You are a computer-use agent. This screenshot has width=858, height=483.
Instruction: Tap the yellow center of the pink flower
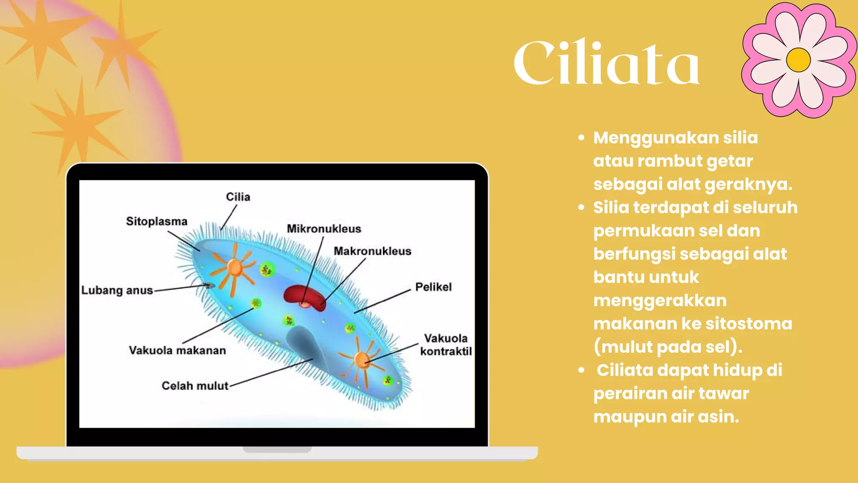coord(799,60)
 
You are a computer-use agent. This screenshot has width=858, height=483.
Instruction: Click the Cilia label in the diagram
coord(238,197)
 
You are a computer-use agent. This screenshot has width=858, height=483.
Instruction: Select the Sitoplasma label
coord(157,221)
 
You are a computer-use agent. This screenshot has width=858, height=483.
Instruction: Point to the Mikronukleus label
coord(324,229)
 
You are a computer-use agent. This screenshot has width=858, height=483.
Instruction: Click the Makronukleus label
coord(372,251)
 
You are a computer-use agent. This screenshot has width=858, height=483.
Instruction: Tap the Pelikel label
coord(433,287)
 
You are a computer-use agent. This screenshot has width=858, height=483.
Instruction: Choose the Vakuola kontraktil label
coord(446,345)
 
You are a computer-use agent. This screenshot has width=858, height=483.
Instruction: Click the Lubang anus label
coord(117,290)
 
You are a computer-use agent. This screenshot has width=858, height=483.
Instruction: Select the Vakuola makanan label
coord(177,351)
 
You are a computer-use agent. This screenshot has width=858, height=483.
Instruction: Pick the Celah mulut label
coord(195,386)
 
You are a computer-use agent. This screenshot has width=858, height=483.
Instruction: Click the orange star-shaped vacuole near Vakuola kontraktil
coord(362,359)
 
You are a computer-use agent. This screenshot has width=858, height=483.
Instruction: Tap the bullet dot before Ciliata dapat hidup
coord(581,370)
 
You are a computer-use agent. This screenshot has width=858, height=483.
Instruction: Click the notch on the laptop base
coord(277,450)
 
